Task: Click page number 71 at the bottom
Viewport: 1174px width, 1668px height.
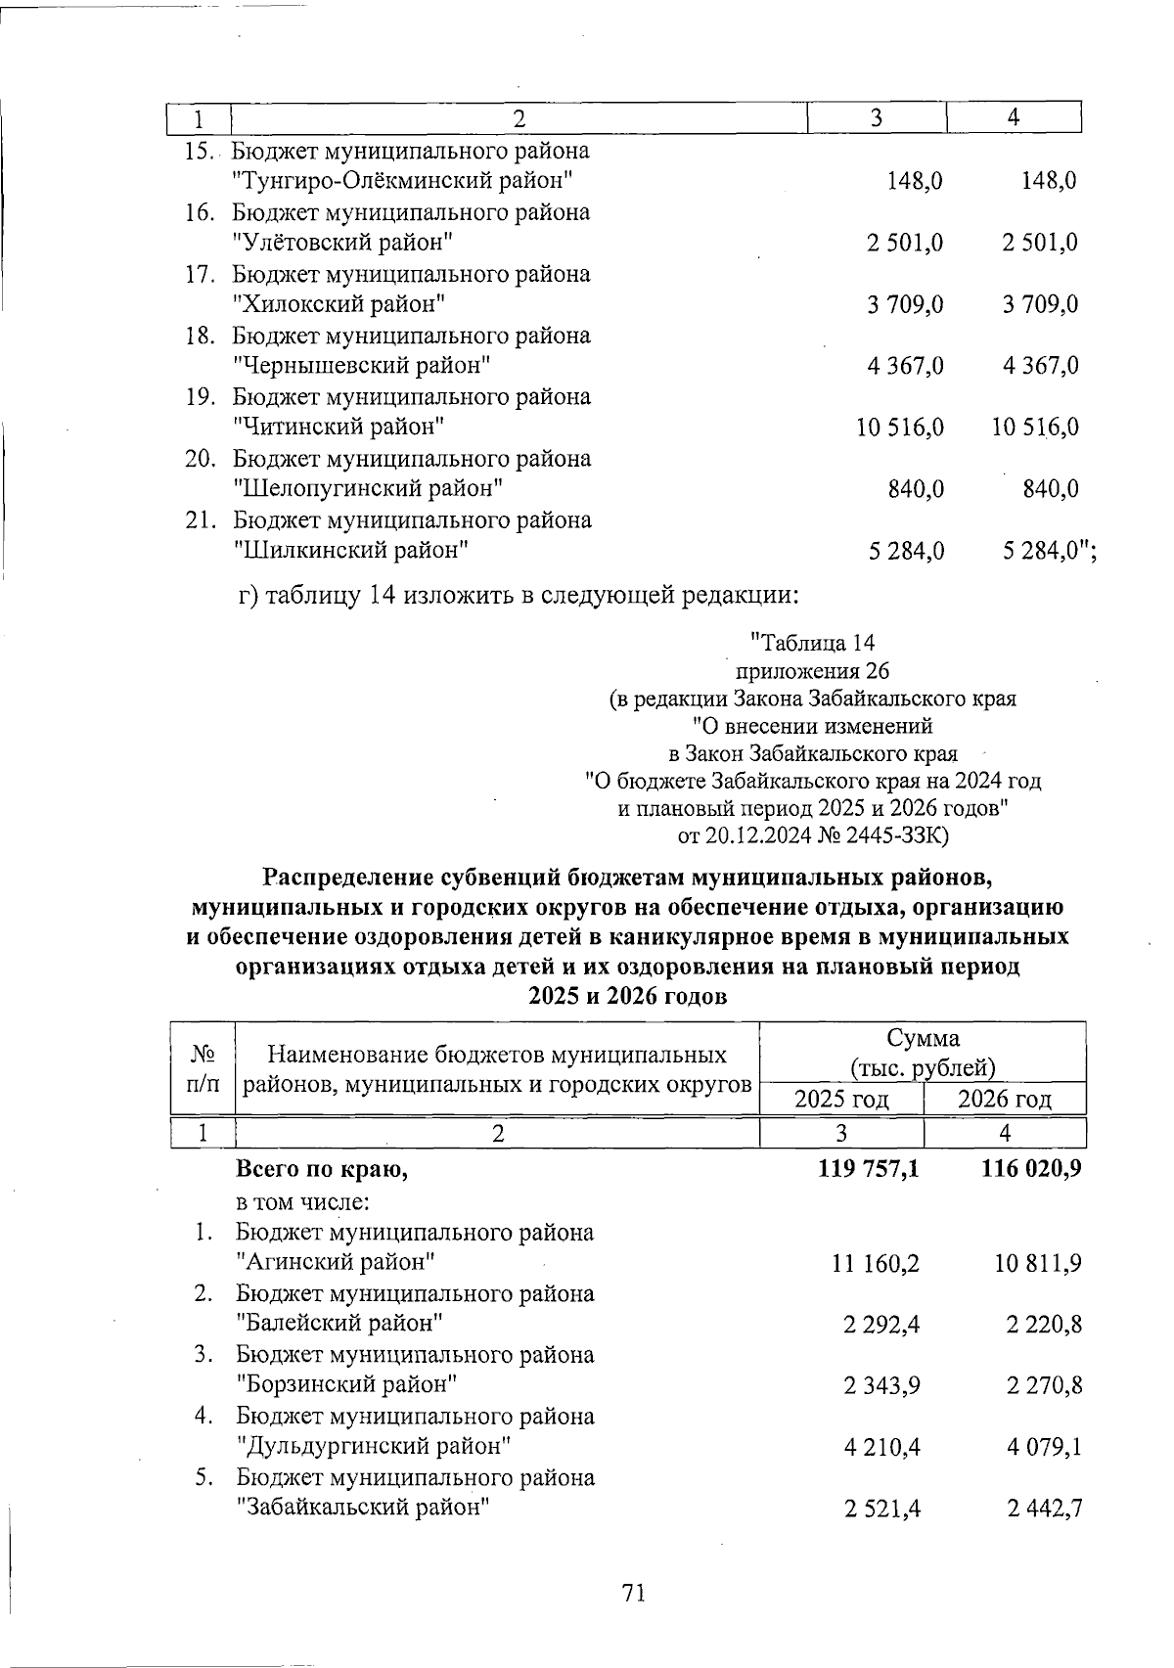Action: (633, 1594)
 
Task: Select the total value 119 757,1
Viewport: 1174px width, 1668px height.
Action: (868, 1168)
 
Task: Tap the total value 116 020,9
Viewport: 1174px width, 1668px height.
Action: (1030, 1168)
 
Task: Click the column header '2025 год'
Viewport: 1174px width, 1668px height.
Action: (841, 1099)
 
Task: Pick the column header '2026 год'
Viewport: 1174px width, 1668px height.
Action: (1004, 1099)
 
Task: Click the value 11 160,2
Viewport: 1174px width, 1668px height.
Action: (876, 1264)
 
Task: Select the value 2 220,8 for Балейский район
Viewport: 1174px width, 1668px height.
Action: (1043, 1325)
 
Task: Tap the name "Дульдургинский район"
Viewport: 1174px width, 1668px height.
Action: (375, 1446)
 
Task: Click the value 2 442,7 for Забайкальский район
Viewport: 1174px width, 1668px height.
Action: (1043, 1509)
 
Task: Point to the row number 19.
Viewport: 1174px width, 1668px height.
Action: (200, 397)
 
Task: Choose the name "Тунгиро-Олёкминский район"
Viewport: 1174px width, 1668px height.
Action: (402, 180)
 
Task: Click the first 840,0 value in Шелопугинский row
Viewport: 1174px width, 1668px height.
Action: (916, 489)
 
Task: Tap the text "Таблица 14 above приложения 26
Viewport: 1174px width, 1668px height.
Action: (811, 643)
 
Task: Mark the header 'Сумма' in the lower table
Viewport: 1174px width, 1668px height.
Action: (923, 1038)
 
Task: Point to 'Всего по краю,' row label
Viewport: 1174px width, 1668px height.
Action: (321, 1169)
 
